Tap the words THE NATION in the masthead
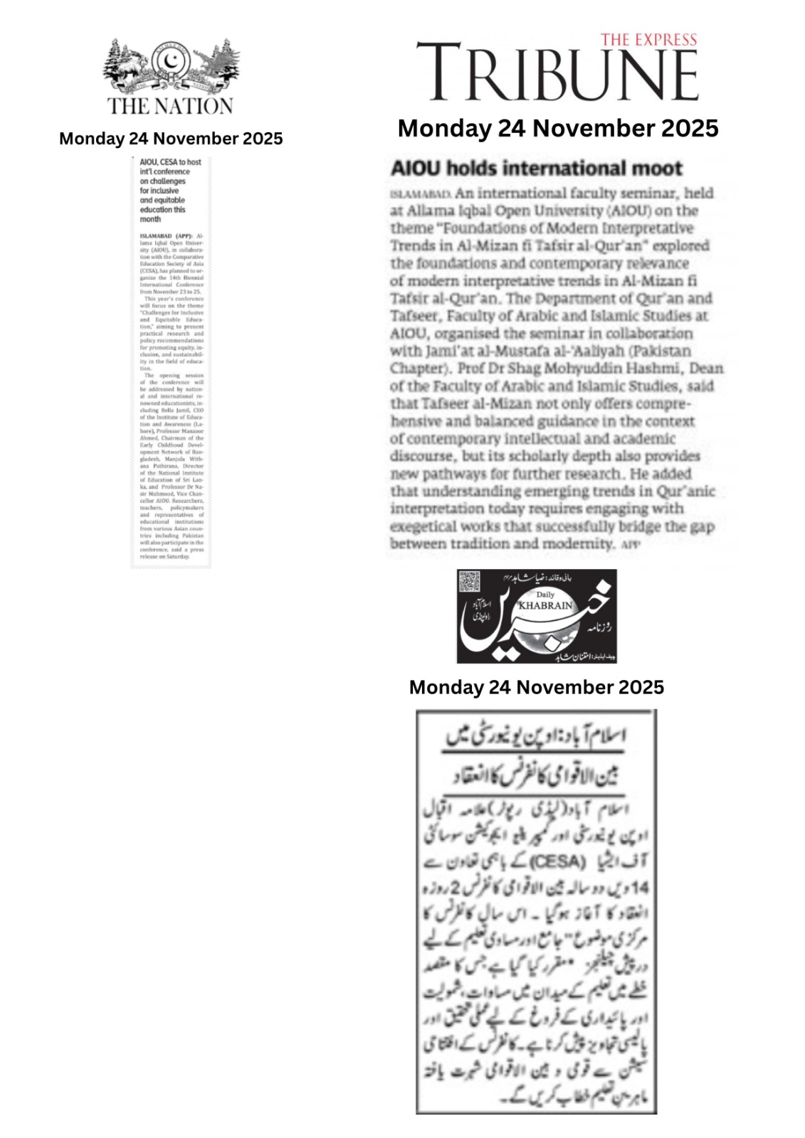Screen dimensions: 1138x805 pos(170,106)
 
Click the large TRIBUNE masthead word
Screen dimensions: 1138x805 pos(557,73)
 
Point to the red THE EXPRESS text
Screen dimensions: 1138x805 pos(648,40)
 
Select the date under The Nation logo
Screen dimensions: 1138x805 pos(171,139)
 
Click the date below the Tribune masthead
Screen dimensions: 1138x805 pos(558,129)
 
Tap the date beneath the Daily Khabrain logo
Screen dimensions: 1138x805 pos(536,687)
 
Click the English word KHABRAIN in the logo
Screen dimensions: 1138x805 pos(546,605)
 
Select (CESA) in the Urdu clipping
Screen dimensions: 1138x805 pos(558,862)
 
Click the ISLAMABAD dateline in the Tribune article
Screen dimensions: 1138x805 pos(421,194)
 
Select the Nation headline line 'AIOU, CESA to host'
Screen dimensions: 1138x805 pos(170,162)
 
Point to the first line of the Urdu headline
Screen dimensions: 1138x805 pos(536,735)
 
